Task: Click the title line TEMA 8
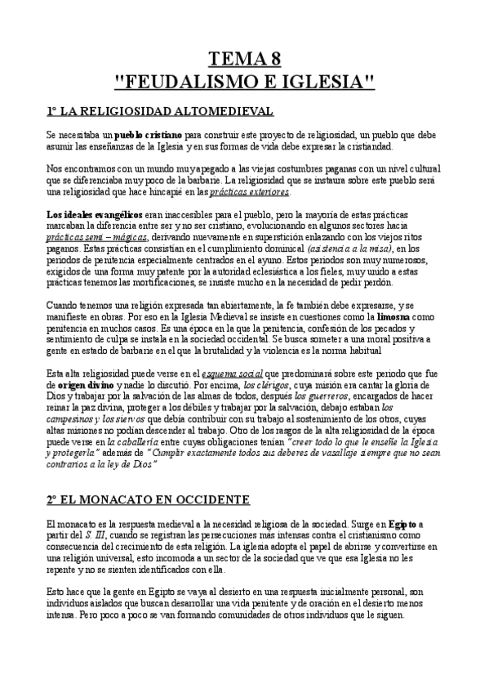(x=244, y=58)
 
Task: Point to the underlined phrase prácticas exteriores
(x=249, y=192)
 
